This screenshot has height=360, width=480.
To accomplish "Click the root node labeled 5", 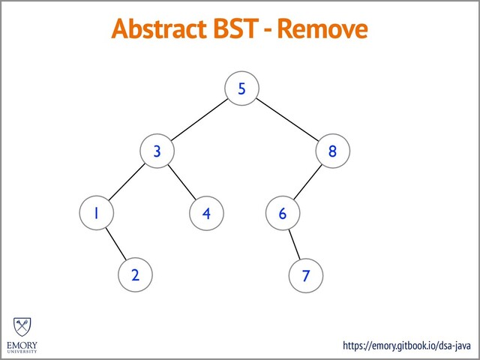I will tap(241, 89).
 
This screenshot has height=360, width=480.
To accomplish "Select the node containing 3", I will tap(157, 151).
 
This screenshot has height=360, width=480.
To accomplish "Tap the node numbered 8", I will tap(332, 151).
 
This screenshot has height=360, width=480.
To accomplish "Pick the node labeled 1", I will tap(95, 213).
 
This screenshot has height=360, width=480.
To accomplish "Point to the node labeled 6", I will tap(283, 213).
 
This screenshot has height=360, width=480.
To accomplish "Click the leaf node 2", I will tap(135, 274).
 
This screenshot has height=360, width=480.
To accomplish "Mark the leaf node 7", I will tap(304, 275).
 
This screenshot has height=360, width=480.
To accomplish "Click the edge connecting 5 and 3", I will tap(199, 120).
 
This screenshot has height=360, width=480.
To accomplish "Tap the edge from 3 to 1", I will tap(126, 181).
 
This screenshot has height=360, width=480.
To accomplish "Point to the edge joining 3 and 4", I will tap(181, 181).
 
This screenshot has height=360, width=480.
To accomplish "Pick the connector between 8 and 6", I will tap(307, 181).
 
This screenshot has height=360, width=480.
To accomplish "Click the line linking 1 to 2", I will tap(115, 244).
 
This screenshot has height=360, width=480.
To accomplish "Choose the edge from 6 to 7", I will tap(294, 244).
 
